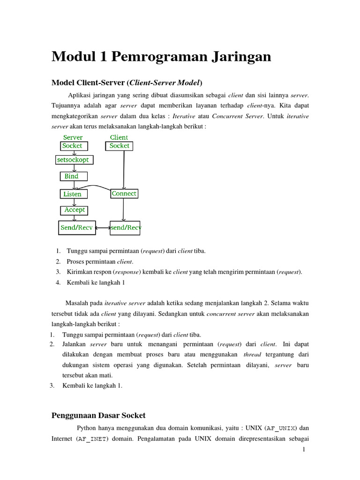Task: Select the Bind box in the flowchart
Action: pos(73,176)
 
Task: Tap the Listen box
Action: pos(73,194)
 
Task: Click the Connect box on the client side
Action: pos(124,194)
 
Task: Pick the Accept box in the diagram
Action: pos(75,210)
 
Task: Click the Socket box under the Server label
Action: pos(72,146)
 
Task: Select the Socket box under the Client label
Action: pos(119,146)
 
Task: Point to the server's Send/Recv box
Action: pos(77,228)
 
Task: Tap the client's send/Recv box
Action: pos(125,228)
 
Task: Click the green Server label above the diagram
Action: pos(73,137)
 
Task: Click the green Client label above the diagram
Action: pos(119,137)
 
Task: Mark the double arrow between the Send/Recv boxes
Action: pos(103,228)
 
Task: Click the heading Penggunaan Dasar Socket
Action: pos(98,415)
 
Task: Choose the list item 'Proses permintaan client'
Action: pos(100,261)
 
